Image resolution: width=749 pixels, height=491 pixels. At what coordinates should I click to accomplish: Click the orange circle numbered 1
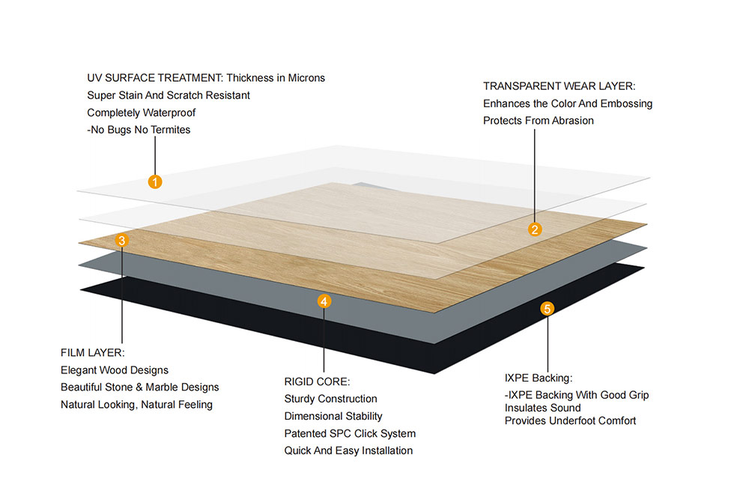point(155,181)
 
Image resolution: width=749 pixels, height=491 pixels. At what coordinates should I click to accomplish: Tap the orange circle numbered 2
point(535,230)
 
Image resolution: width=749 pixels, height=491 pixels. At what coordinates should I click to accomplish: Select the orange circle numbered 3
point(123,241)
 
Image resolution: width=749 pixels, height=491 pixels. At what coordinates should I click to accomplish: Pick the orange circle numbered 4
point(324,301)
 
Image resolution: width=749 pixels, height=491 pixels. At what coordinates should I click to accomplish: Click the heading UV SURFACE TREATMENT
point(155,78)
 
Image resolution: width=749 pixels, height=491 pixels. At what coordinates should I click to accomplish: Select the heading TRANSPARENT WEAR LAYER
point(559,86)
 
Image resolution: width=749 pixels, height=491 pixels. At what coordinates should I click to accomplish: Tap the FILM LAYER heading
point(92,352)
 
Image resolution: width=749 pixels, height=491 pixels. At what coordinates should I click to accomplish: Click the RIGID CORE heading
point(317,382)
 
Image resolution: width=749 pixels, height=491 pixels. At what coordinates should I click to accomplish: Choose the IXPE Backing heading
point(539,378)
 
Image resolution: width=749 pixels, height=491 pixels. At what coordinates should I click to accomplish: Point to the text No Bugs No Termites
point(140,130)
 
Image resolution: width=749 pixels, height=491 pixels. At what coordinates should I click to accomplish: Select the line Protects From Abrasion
point(538,121)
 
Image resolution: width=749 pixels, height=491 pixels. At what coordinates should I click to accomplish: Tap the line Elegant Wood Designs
point(115,370)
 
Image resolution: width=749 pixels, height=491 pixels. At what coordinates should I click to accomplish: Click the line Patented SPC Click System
point(350,433)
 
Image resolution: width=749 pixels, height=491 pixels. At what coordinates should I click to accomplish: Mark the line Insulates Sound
point(542,408)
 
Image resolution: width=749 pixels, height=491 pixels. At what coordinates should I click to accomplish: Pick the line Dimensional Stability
point(333,416)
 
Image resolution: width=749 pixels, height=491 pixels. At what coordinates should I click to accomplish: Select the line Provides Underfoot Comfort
point(570,421)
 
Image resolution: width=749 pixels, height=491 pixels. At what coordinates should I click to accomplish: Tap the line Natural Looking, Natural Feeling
point(136,405)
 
